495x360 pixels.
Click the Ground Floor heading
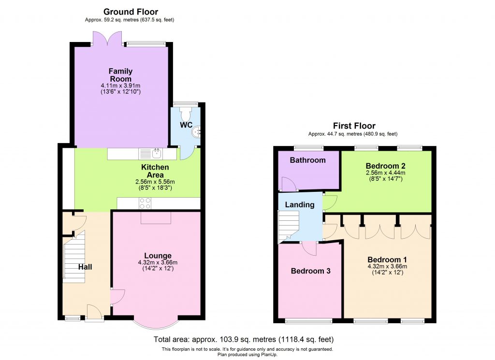[131, 12]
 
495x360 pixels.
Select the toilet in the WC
[185, 114]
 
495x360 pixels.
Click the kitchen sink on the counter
[156, 154]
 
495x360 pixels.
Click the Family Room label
[120, 75]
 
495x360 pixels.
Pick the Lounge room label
[158, 255]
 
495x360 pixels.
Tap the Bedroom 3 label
[310, 271]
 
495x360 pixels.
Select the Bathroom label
[308, 160]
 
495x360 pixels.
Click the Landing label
[300, 204]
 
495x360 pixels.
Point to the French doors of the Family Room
[106, 39]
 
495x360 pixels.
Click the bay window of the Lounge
[156, 325]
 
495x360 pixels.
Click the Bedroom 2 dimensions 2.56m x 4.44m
[385, 173]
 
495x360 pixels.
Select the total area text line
[243, 339]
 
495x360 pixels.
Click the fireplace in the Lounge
[156, 219]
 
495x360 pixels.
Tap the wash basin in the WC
[196, 132]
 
